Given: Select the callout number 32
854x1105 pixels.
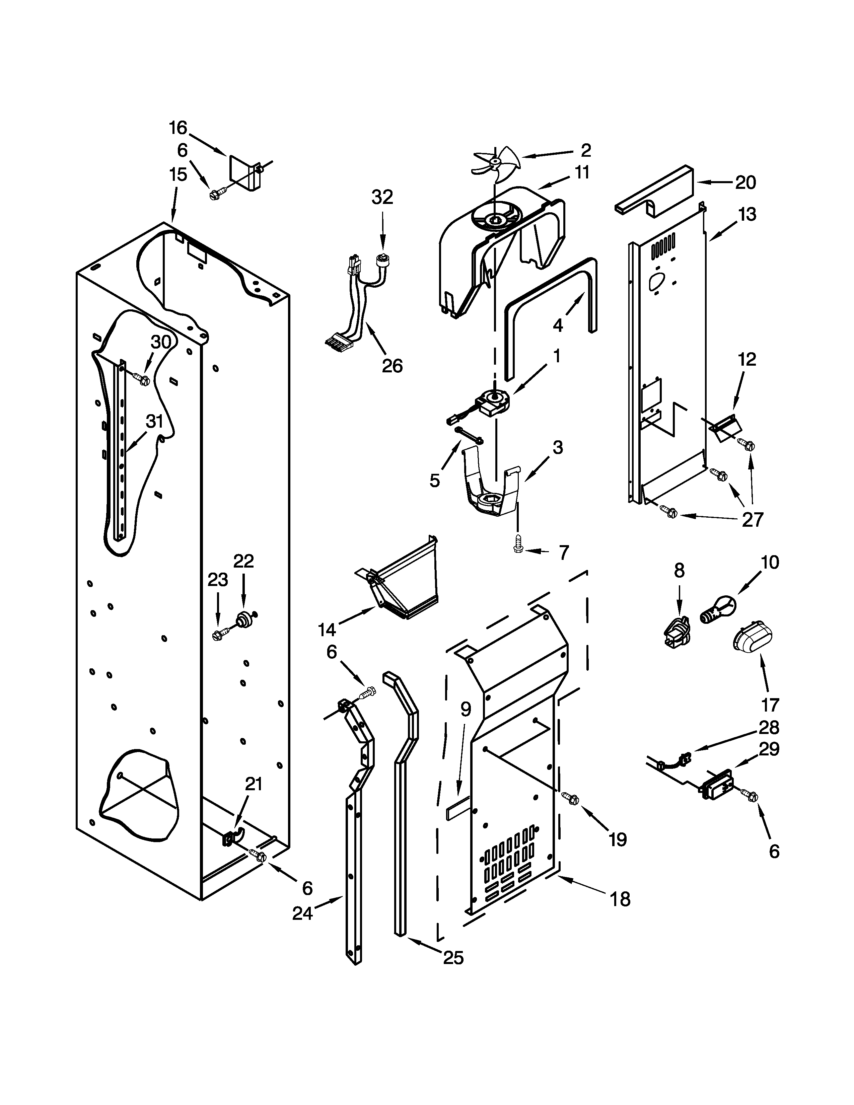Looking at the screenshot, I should click(382, 197).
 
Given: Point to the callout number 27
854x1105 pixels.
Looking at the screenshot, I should click(752, 520).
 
